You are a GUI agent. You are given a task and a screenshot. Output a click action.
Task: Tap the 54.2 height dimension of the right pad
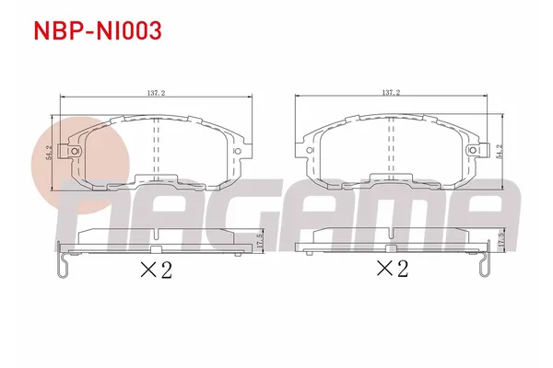coord(499,151)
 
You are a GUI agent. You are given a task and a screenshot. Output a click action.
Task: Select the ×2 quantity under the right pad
coord(393,269)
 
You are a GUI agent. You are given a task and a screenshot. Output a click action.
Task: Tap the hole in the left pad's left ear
coord(67,152)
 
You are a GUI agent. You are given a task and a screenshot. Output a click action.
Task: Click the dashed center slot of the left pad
coord(154,152)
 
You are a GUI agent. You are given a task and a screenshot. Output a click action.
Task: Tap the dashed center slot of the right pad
coord(391,152)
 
